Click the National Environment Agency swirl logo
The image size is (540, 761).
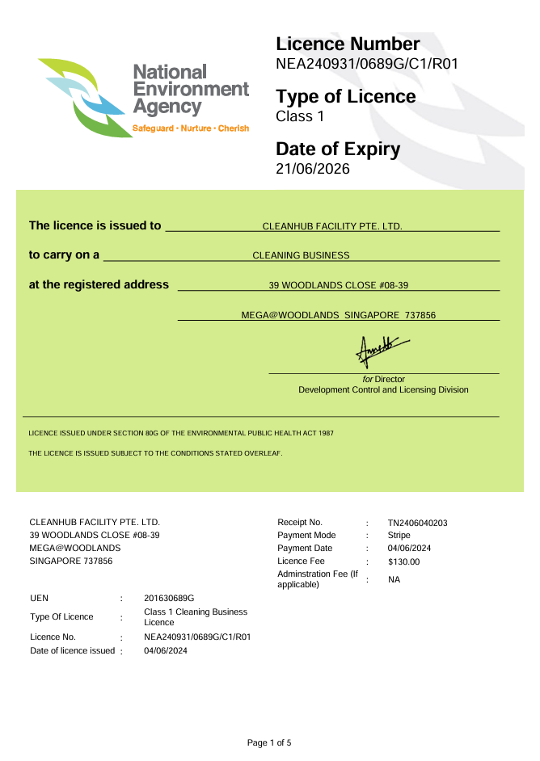coord(82,97)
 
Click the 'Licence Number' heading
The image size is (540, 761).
coord(348,44)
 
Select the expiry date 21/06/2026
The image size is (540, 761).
coord(313,169)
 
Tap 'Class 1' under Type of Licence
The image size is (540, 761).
coord(300,116)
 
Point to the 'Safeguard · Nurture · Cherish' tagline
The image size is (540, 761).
coord(191,128)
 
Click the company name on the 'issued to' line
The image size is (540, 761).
coord(332,226)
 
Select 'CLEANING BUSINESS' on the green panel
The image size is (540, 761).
coord(301,255)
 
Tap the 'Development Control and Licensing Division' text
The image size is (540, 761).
coord(383,389)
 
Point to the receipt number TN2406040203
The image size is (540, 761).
coord(417,523)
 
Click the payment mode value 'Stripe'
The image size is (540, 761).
coord(399,535)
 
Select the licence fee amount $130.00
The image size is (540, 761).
coord(403,561)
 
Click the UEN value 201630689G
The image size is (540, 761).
coord(169,598)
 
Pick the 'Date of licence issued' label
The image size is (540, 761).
coord(72,650)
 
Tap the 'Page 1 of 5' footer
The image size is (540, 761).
coord(269,742)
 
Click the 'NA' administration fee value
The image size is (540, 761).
coord(394,579)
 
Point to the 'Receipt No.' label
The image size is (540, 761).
coord(300,523)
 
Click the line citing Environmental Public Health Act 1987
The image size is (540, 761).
coord(181,433)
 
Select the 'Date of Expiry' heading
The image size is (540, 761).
coord(338,149)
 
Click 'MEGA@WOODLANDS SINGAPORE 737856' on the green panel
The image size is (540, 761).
coord(338,315)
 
